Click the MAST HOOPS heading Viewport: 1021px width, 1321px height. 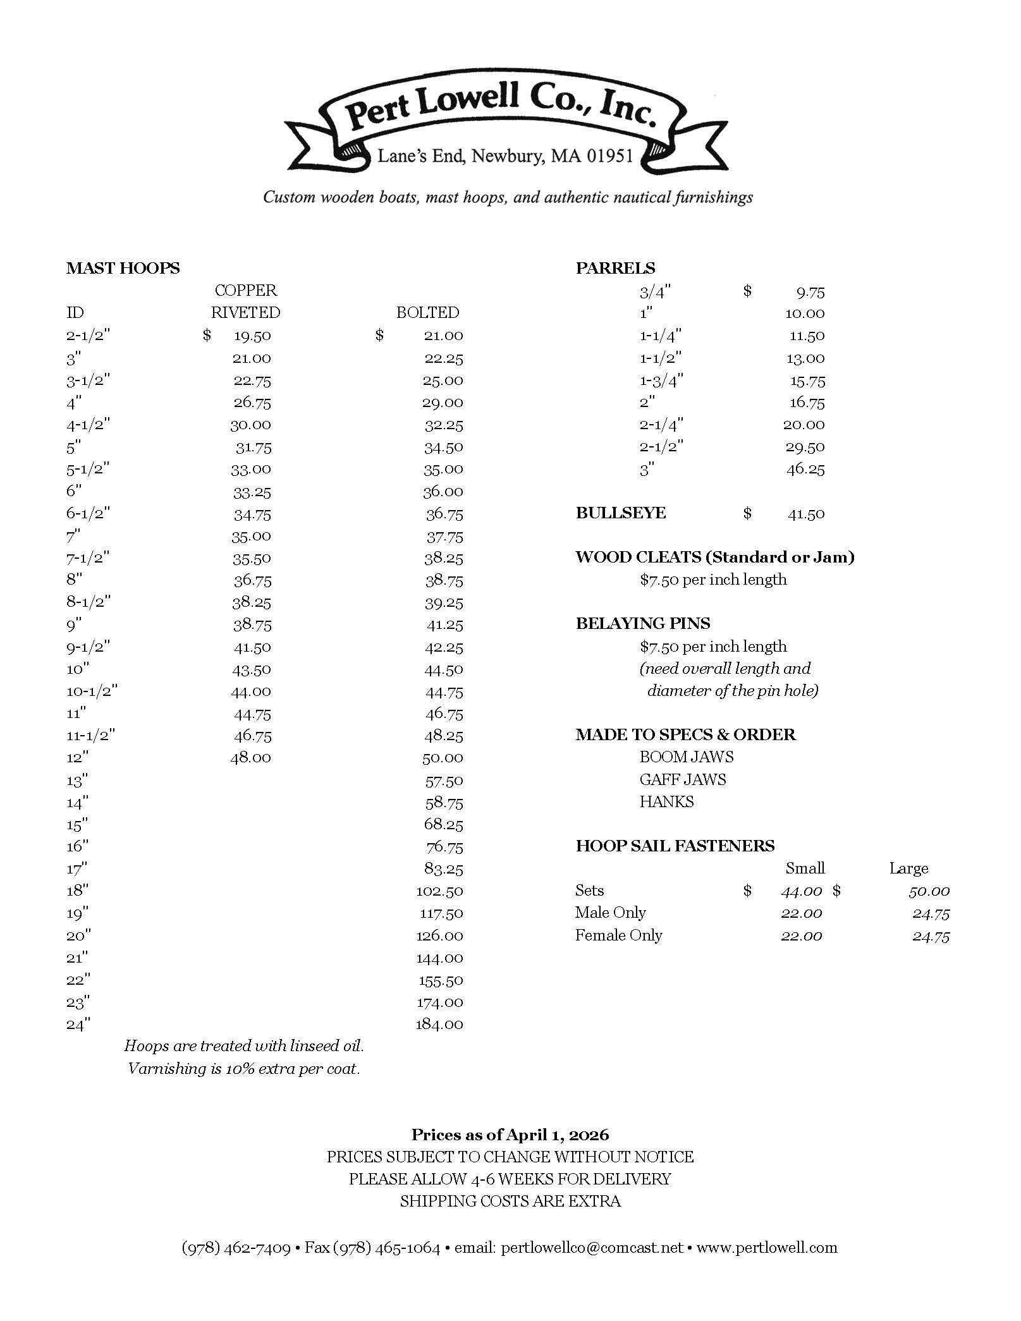pyautogui.click(x=123, y=268)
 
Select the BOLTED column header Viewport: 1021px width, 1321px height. pyautogui.click(x=427, y=312)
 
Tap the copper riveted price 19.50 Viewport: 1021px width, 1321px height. pyautogui.click(x=252, y=336)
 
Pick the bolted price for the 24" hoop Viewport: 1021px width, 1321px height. pyautogui.click(x=439, y=1025)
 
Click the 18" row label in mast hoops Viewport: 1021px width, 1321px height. pyautogui.click(x=77, y=891)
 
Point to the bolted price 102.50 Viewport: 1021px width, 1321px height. pyautogui.click(x=439, y=891)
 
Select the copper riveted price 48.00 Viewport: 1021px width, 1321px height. pyautogui.click(x=250, y=758)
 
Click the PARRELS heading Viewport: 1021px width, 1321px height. pyautogui.click(x=615, y=268)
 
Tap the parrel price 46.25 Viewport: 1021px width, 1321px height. pyautogui.click(x=805, y=469)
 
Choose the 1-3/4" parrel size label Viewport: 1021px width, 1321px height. pyautogui.click(x=661, y=380)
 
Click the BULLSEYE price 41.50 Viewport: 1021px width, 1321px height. pyautogui.click(x=806, y=514)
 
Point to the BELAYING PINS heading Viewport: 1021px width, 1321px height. pyautogui.click(x=643, y=624)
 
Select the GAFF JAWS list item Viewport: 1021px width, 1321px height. pyautogui.click(x=683, y=779)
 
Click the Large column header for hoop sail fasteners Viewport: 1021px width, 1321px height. pyautogui.click(x=908, y=868)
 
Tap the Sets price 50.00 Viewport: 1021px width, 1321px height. pyautogui.click(x=929, y=891)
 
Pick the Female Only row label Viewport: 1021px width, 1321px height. pyautogui.click(x=618, y=935)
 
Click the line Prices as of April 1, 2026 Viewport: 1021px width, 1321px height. pyautogui.click(x=510, y=1135)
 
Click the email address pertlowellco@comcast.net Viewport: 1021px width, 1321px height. pyautogui.click(x=592, y=1248)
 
